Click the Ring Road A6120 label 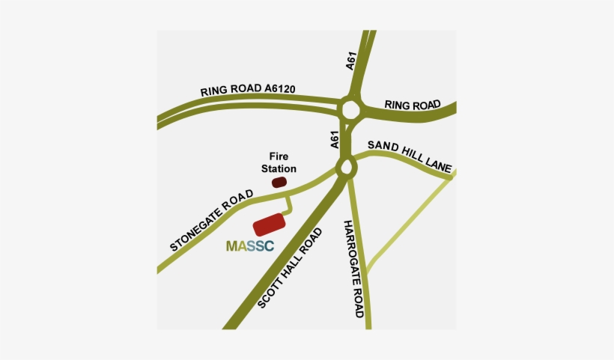(x=248, y=90)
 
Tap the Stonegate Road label (x=212, y=219)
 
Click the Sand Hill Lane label (x=410, y=156)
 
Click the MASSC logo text (x=249, y=245)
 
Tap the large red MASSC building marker (x=270, y=225)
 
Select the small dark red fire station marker (x=279, y=182)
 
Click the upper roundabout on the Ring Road (x=350, y=109)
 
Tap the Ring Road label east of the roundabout (x=412, y=105)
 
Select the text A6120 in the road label (x=280, y=88)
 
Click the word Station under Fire (x=279, y=169)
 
